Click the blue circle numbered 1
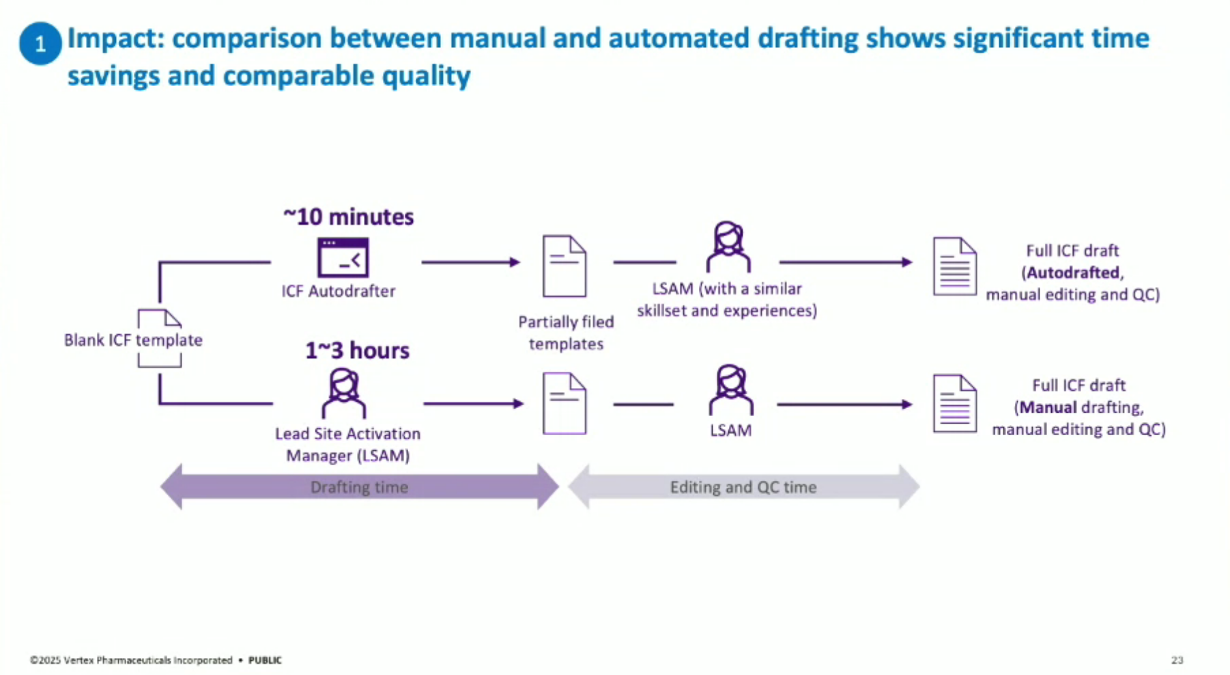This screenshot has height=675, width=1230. pyautogui.click(x=40, y=43)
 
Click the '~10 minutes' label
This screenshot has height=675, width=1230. pyautogui.click(x=348, y=217)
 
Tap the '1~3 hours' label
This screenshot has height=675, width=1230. pyautogui.click(x=357, y=350)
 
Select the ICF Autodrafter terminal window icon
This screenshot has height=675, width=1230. pyautogui.click(x=343, y=258)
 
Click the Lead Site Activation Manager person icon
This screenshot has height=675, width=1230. pyautogui.click(x=344, y=394)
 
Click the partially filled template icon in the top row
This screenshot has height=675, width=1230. pyautogui.click(x=564, y=266)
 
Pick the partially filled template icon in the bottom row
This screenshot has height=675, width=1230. pyautogui.click(x=564, y=403)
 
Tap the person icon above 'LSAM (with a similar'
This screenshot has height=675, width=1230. pyautogui.click(x=728, y=247)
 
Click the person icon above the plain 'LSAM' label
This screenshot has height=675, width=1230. pyautogui.click(x=731, y=390)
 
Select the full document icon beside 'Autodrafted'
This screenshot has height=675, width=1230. pyautogui.click(x=954, y=266)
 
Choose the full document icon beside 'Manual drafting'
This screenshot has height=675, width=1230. pyautogui.click(x=954, y=403)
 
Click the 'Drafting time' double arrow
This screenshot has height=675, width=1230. pyautogui.click(x=359, y=486)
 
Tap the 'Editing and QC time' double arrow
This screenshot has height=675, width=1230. pyautogui.click(x=743, y=486)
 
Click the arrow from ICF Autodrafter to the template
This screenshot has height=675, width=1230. pyautogui.click(x=470, y=262)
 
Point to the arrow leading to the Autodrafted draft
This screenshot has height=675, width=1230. pyautogui.click(x=846, y=262)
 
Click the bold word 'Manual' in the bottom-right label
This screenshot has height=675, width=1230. pyautogui.click(x=1048, y=408)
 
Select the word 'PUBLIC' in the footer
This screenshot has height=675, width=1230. pyautogui.click(x=265, y=660)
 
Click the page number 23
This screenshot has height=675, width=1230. pyautogui.click(x=1177, y=660)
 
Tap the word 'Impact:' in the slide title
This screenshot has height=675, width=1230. pyautogui.click(x=115, y=38)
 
